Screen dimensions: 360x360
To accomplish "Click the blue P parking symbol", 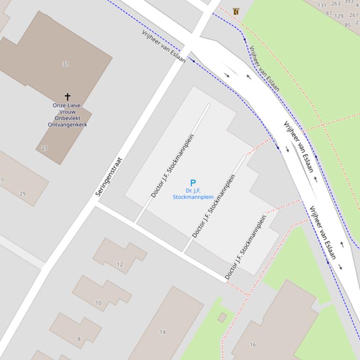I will pos(192,183).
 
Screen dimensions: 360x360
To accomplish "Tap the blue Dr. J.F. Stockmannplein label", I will pos(193,194).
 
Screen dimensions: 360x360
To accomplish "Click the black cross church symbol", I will pos(67,97).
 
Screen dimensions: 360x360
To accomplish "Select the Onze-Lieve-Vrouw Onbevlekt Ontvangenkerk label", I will pos(67,115).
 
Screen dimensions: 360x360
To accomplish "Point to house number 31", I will pos(65,64).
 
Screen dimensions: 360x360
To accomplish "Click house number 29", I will pos(22,194).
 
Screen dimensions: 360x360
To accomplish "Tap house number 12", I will pos(120,265).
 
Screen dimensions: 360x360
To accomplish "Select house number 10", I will pos(98,303).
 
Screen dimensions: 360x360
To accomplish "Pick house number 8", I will pos(79,339).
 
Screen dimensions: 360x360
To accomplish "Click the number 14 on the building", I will pos(162,332).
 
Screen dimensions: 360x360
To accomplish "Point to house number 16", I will pos(253,345).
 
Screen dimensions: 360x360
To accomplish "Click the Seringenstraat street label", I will pos(109,177).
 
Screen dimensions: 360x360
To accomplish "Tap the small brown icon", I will pos(235,12).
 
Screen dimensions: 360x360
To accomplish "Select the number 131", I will pos(322,6).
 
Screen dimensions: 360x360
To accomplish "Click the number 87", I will pos(329,14).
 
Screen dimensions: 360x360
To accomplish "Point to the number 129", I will pos(339,16).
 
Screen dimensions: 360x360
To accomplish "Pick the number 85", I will pos(347,25).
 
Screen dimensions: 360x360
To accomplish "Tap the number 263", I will pos(336,4).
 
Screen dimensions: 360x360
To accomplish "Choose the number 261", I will pos(353,15).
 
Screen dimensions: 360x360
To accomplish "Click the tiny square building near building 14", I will pos(222,318).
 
